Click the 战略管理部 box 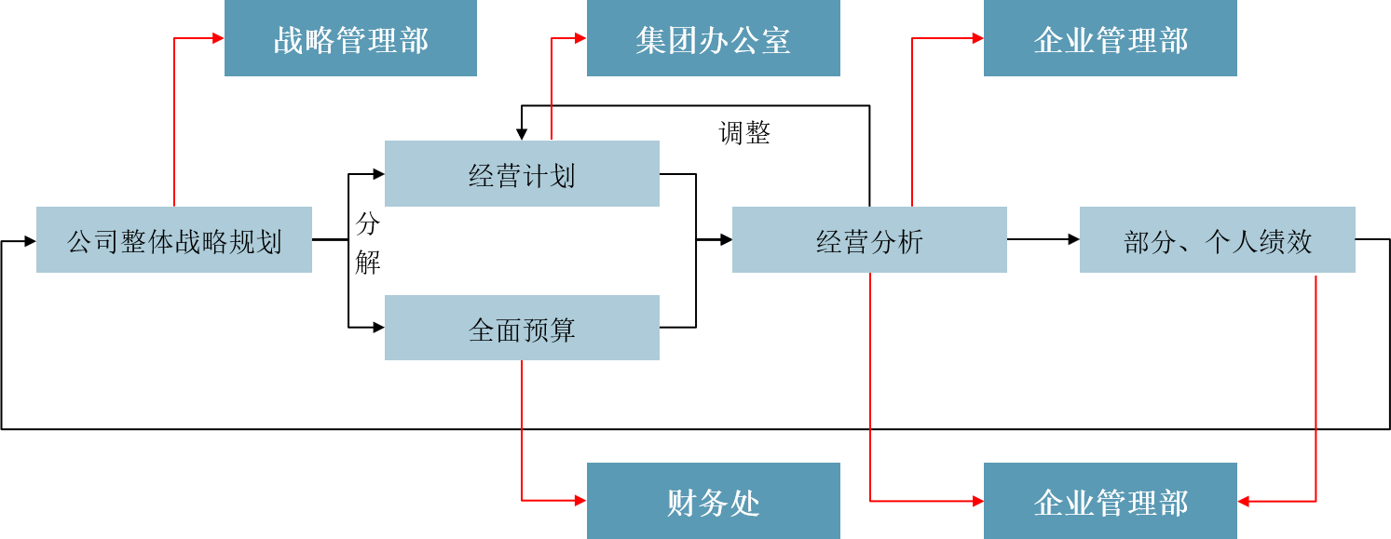tap(350, 38)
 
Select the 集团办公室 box tap(713, 38)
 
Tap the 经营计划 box tap(522, 174)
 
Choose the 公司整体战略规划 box tap(174, 240)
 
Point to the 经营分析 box tap(869, 240)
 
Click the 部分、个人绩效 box tap(1217, 240)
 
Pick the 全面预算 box tap(522, 328)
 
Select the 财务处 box tap(713, 501)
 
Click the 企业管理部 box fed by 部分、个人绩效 tap(1110, 501)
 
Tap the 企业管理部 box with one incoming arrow tap(1110, 38)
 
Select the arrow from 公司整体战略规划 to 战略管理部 tap(174, 121)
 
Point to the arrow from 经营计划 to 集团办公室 tap(552, 88)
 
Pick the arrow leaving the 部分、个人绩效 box tap(1316, 391)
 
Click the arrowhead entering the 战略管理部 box tap(218, 38)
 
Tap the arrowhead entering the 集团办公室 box tap(580, 38)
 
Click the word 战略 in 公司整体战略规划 tap(201, 242)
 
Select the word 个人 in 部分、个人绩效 tap(1232, 242)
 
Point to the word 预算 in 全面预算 tap(549, 330)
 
